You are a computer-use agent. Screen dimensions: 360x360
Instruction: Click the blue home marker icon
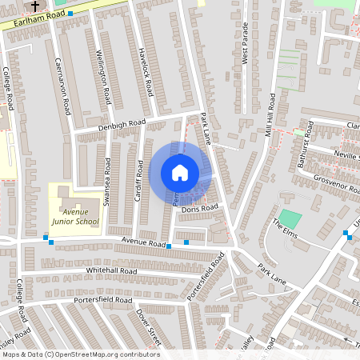[180, 173]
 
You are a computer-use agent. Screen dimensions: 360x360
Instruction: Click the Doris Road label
[199, 208]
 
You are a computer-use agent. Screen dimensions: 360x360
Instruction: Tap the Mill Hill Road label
[271, 112]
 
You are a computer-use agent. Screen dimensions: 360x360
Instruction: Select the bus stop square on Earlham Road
[70, 14]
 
